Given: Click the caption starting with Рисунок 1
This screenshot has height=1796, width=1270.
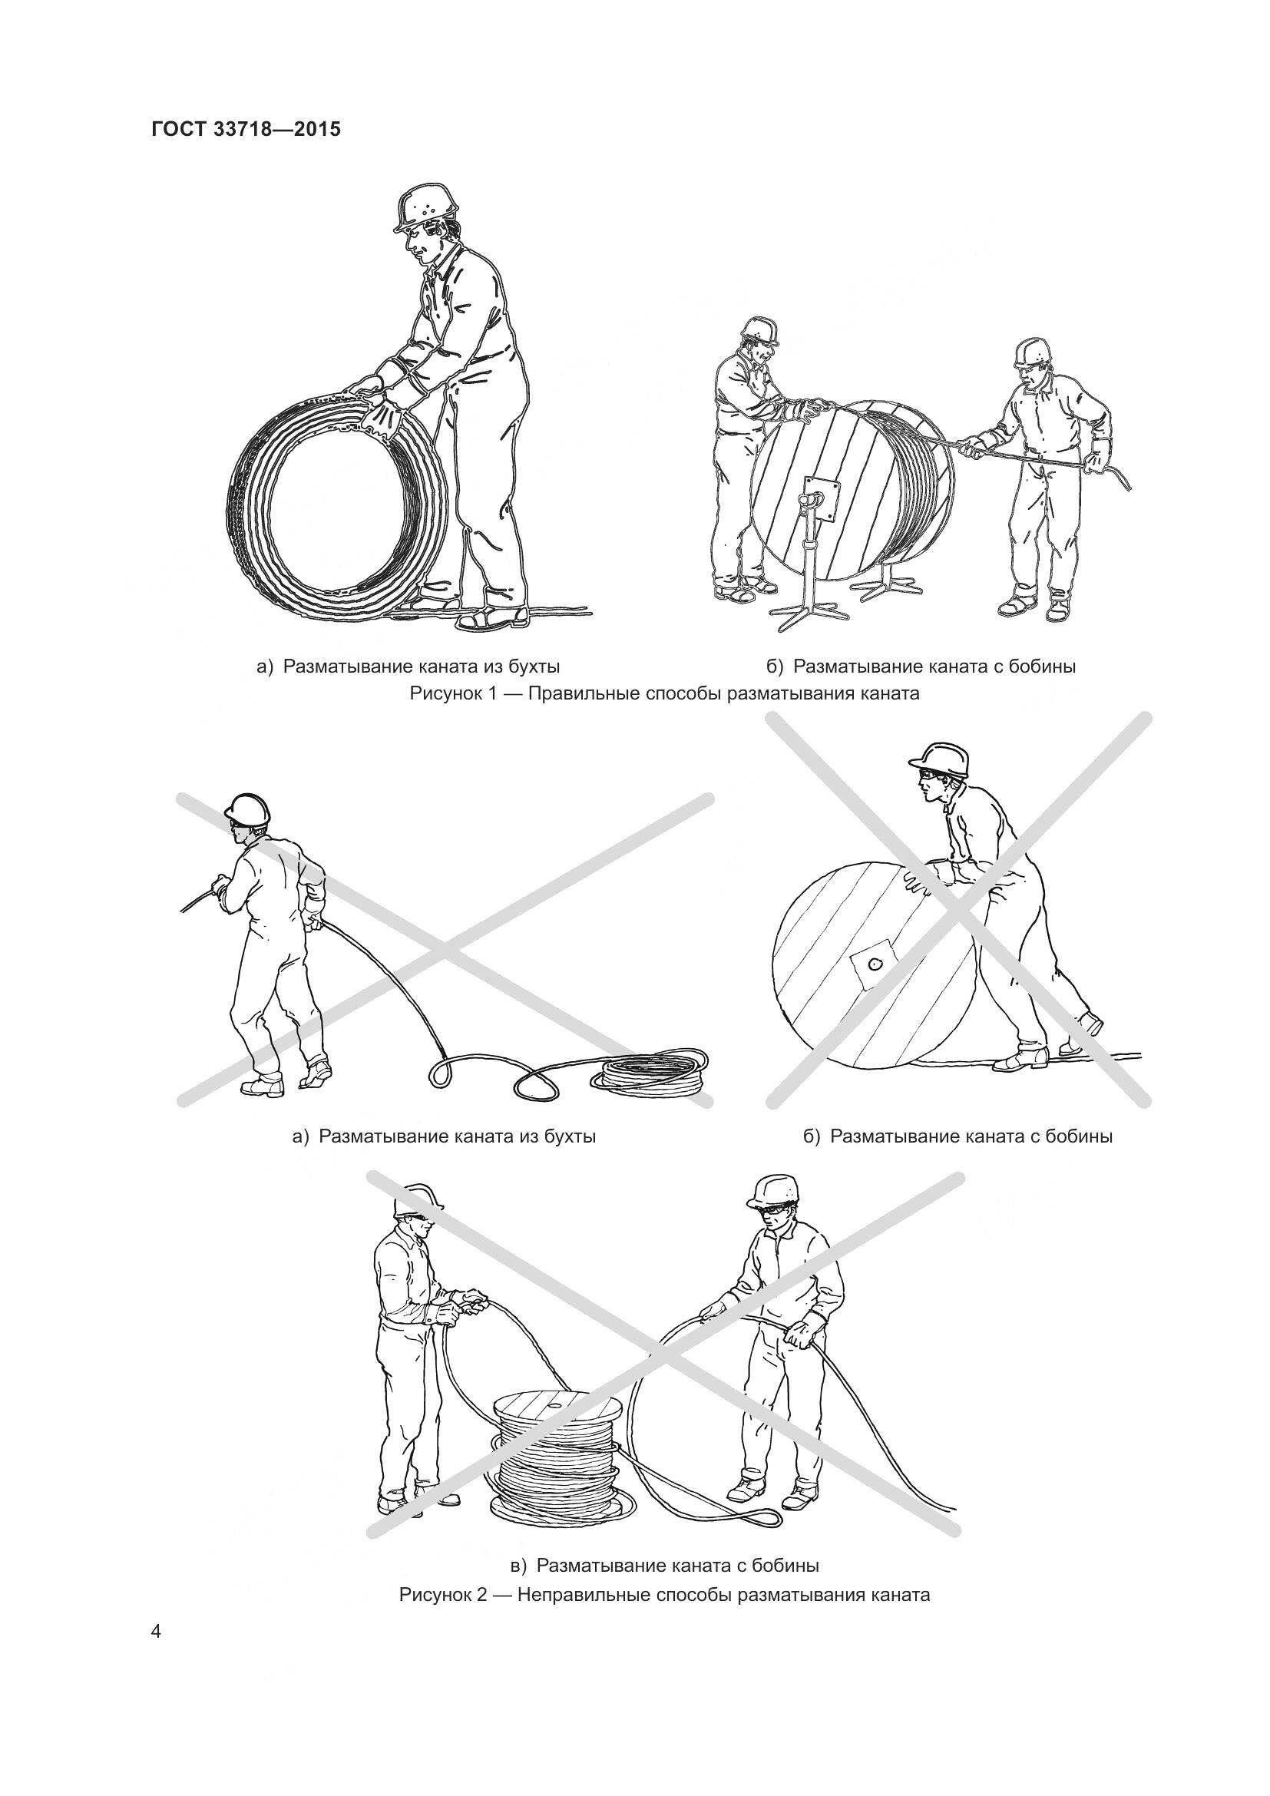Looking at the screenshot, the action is pos(664,693).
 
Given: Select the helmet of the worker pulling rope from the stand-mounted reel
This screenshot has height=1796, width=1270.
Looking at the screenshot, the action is pos(1032,352).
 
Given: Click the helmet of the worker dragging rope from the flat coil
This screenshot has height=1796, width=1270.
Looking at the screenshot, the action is pos(248,809).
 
